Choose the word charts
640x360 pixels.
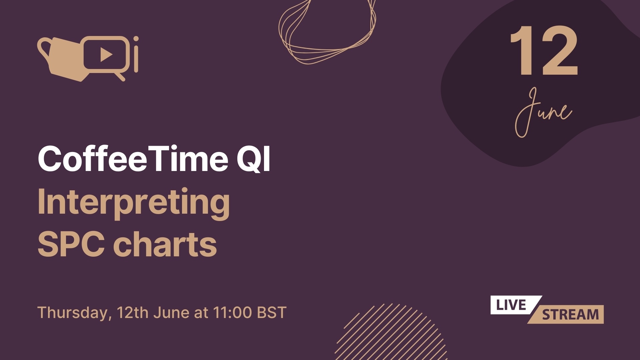pyautogui.click(x=165, y=244)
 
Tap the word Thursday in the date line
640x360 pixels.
pyautogui.click(x=73, y=313)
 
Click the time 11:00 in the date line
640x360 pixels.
pyautogui.click(x=232, y=313)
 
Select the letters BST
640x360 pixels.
pyautogui.click(x=272, y=313)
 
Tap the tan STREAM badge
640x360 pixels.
pyautogui.click(x=570, y=315)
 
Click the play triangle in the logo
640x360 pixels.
pyautogui.click(x=106, y=54)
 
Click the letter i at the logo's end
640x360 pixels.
pyautogui.click(x=136, y=55)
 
